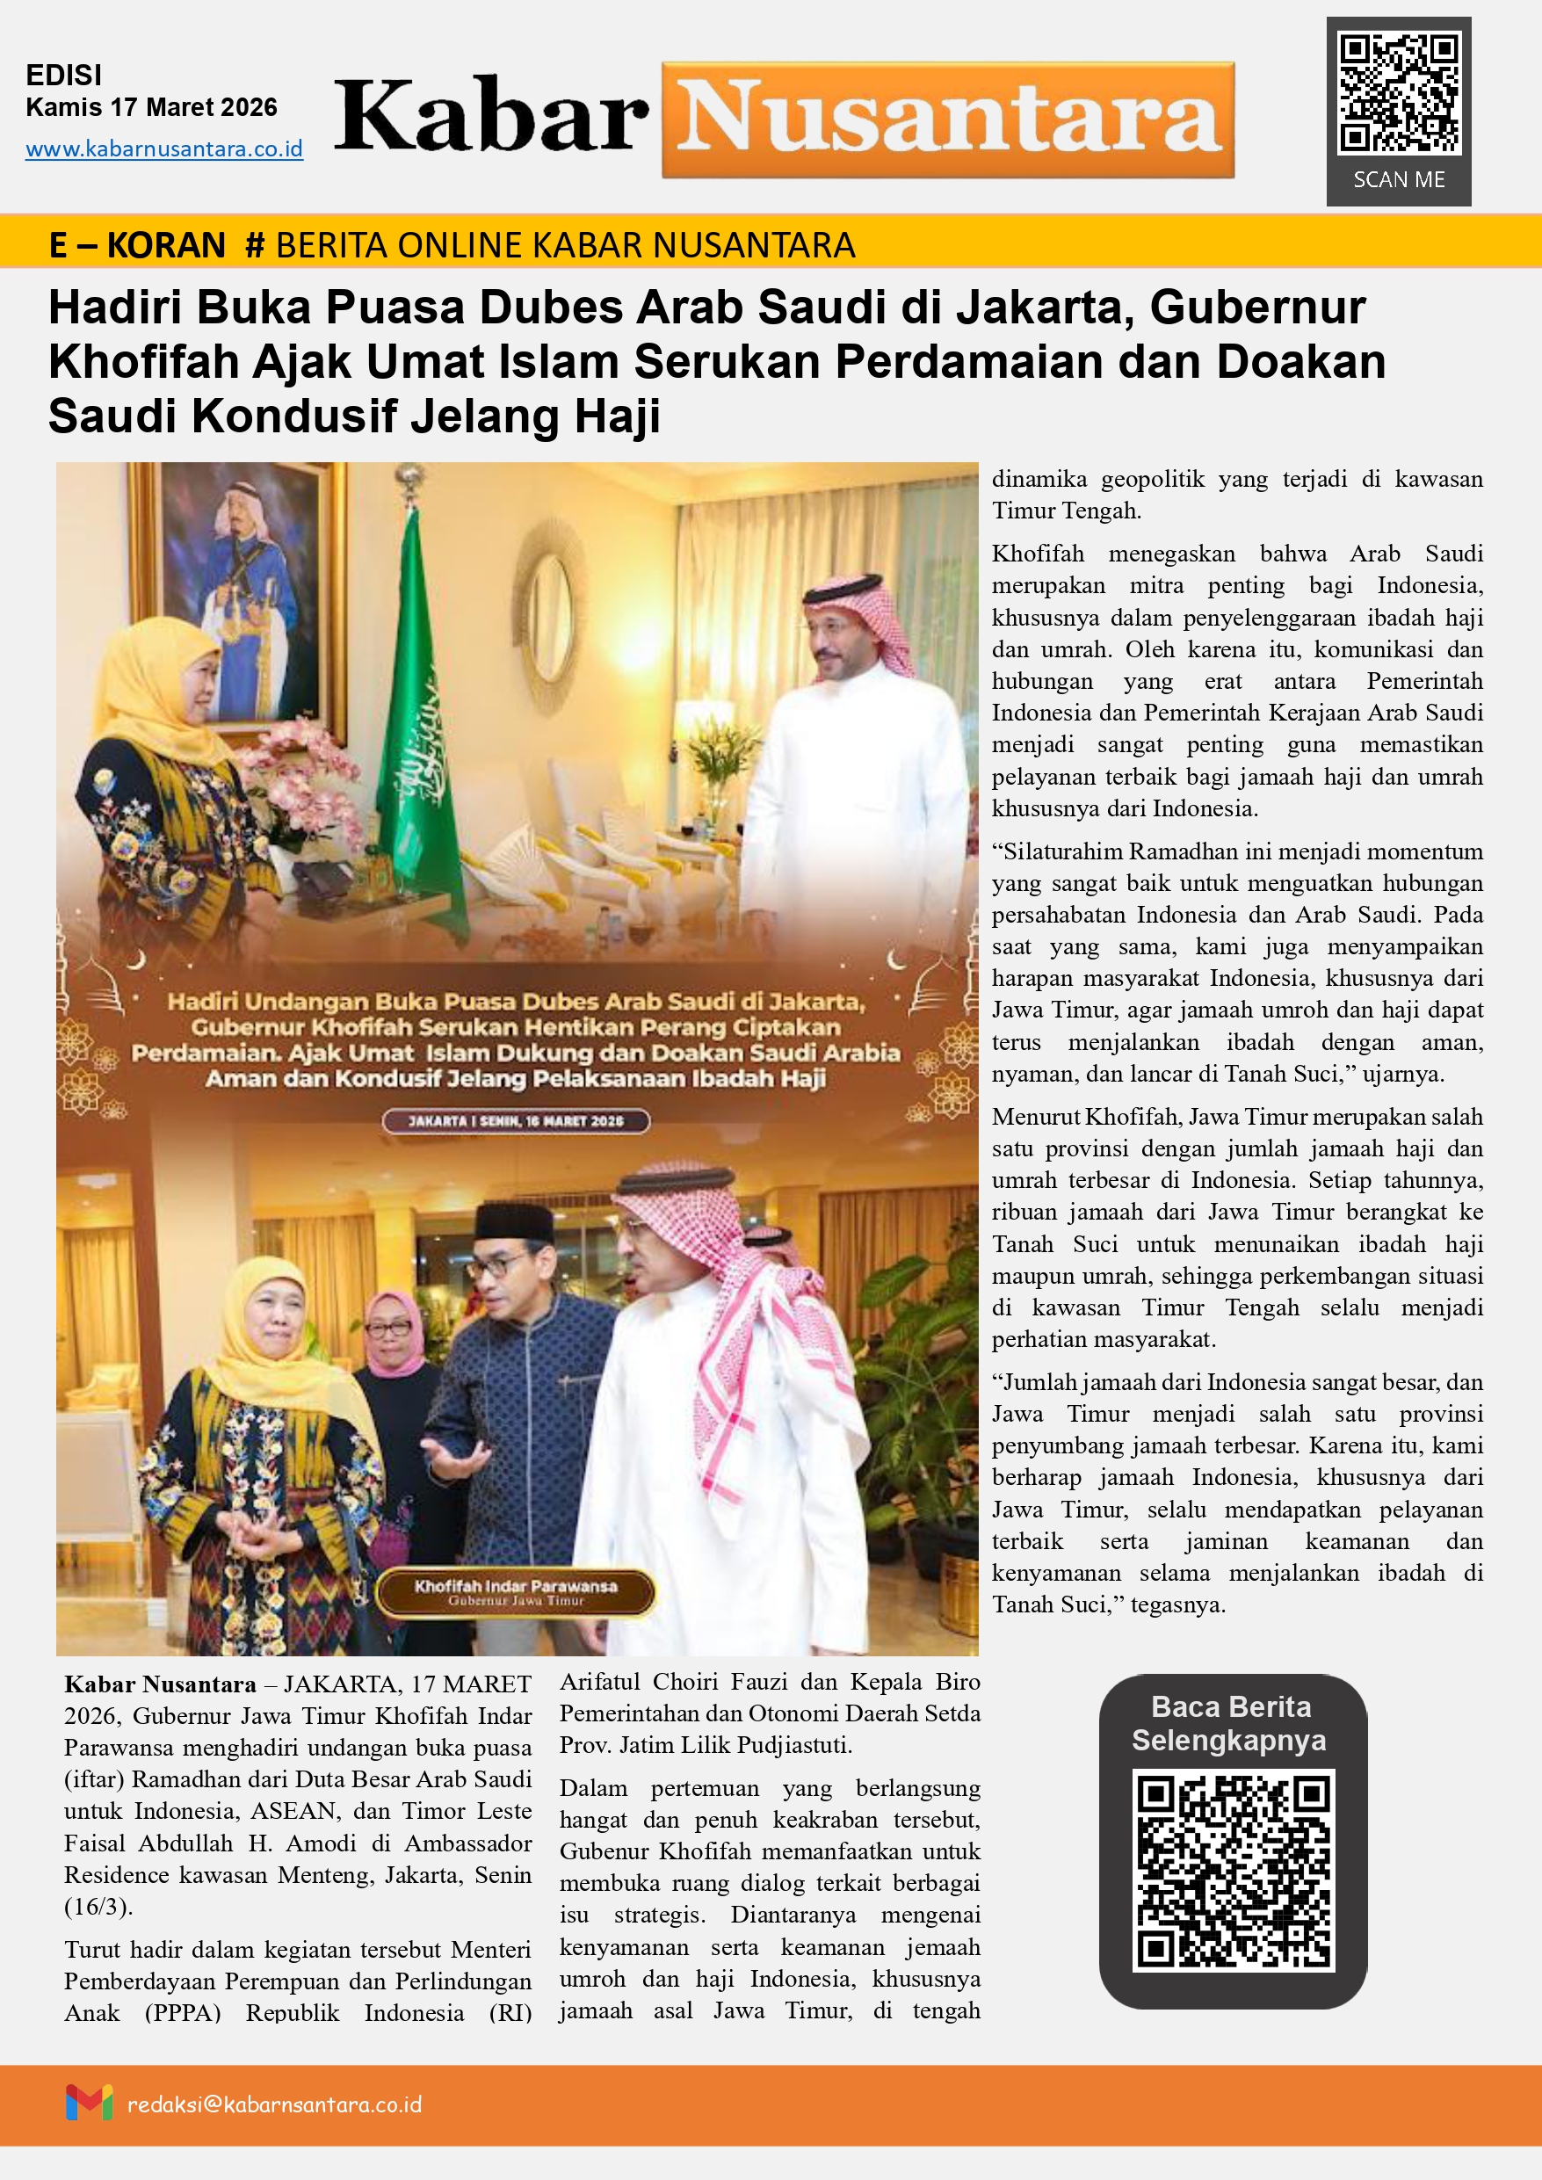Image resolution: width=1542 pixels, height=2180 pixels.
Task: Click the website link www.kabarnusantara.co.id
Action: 164,149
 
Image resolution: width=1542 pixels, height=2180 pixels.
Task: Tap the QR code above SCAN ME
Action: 1398,93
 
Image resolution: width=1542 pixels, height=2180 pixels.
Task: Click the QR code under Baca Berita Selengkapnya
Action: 1233,1869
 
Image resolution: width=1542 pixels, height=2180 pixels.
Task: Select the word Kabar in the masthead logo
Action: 491,119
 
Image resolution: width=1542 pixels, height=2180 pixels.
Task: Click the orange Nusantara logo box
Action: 948,120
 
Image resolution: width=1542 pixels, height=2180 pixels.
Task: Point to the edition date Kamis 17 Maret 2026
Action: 151,107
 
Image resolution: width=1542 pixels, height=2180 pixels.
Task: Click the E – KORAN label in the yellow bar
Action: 137,246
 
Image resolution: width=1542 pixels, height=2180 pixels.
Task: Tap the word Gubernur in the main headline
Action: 1257,308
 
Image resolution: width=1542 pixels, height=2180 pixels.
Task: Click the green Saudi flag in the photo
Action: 424,721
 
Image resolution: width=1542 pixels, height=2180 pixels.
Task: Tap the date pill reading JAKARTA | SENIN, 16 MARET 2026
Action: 516,1121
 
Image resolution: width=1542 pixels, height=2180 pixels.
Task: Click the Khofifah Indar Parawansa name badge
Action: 516,1592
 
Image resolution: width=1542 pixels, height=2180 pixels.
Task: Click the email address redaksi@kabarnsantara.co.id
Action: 274,2105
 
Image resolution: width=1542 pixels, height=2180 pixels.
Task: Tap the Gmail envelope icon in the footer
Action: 89,2103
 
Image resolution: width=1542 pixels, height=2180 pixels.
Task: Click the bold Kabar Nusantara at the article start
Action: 160,1685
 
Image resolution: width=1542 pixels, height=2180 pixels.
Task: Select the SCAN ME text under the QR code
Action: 1398,180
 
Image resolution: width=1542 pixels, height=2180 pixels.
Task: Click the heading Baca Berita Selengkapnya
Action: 1231,1723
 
